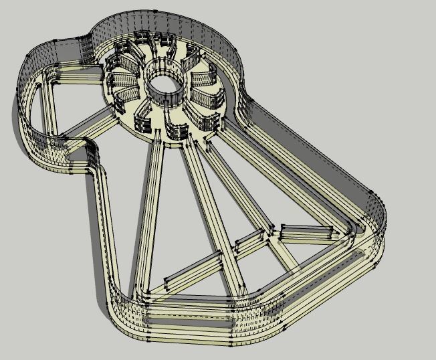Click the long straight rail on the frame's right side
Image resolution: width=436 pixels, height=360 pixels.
[308, 161]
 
